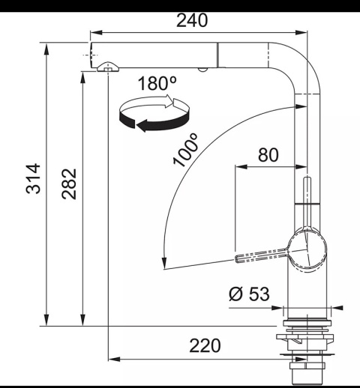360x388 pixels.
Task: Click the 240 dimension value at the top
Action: click(x=192, y=20)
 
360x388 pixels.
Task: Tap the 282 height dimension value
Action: click(x=68, y=193)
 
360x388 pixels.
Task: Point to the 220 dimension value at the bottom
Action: click(x=205, y=345)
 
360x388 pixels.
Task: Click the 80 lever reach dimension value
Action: click(x=268, y=155)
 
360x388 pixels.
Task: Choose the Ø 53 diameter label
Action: click(x=248, y=294)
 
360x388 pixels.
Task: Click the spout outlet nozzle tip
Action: click(x=108, y=69)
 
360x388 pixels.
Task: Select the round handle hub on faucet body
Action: click(x=306, y=251)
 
